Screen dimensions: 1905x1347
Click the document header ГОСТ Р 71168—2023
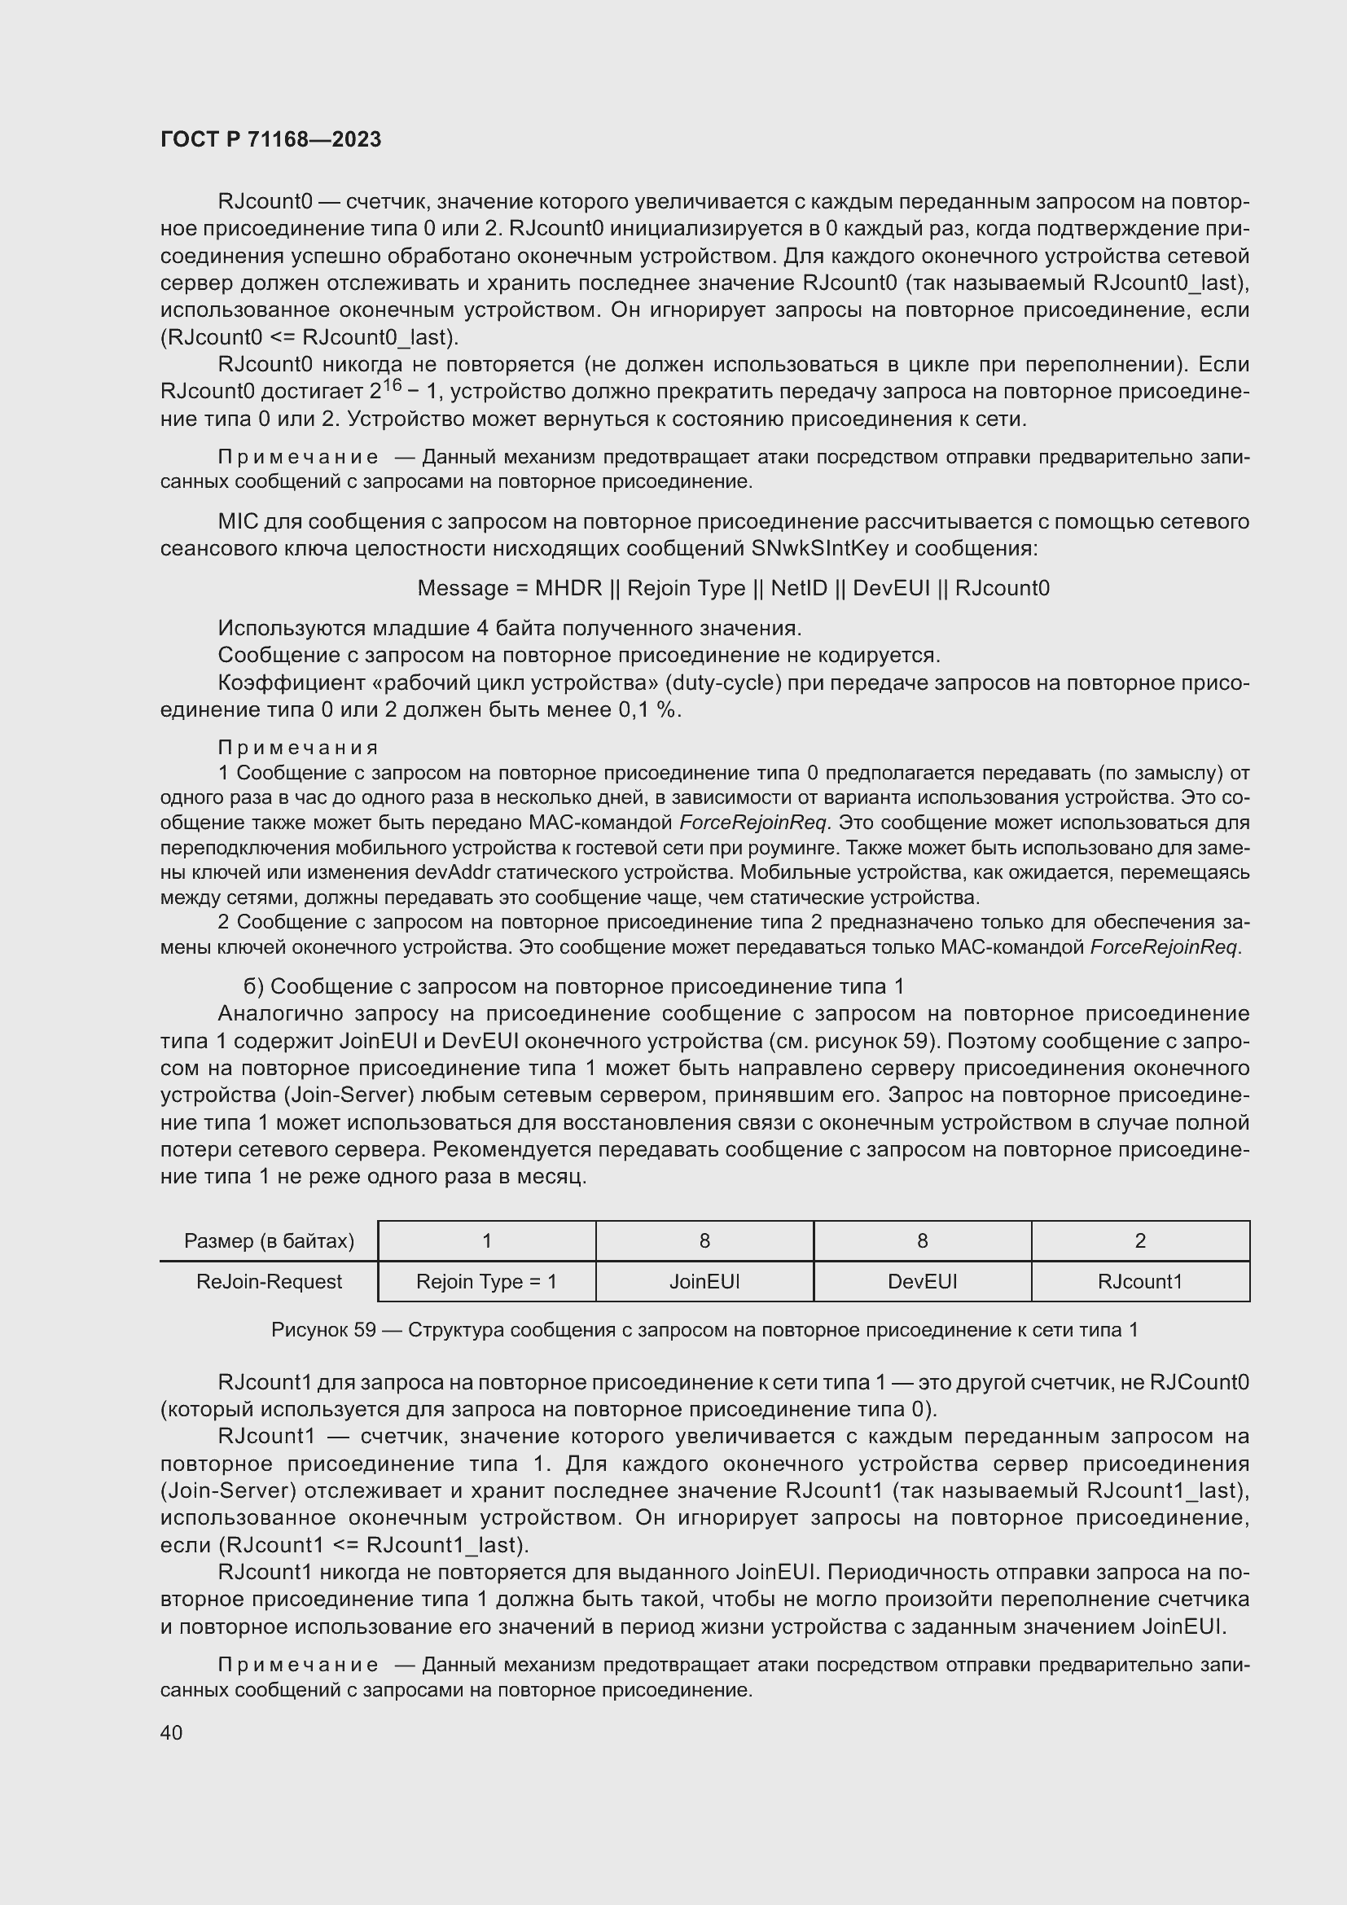(x=270, y=139)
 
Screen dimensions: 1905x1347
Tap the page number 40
(x=171, y=1732)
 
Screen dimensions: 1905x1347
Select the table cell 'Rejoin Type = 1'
(x=486, y=1282)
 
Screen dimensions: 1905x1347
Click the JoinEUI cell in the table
(x=704, y=1282)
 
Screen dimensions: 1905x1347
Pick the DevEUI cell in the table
(x=923, y=1282)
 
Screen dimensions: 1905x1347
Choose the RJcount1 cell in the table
(x=1139, y=1282)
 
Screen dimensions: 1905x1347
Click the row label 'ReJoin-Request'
(x=269, y=1282)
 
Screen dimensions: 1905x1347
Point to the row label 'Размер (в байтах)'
(x=269, y=1241)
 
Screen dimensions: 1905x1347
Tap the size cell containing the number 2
(x=1139, y=1241)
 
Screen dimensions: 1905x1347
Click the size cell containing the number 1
(x=486, y=1241)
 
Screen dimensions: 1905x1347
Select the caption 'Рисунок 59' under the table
(x=323, y=1330)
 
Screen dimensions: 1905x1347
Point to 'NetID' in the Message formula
(x=798, y=588)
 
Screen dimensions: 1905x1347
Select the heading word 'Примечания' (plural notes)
(x=298, y=748)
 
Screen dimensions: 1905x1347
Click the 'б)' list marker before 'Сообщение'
(x=253, y=986)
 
